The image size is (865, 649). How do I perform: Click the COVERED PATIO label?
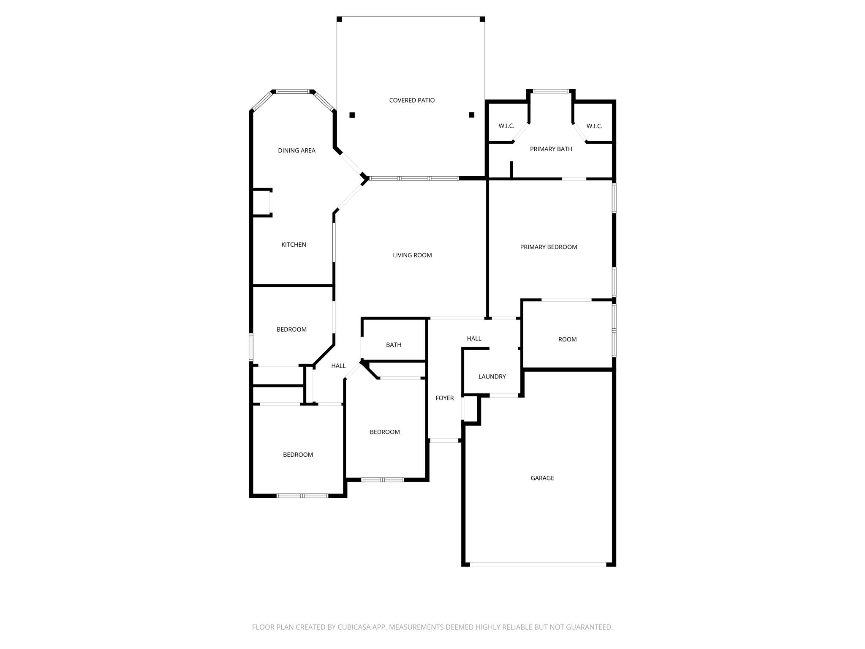[x=412, y=100]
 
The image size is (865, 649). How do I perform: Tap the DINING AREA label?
[x=296, y=150]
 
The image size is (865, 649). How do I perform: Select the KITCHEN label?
[x=294, y=245]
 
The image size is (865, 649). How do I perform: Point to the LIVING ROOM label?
[x=412, y=255]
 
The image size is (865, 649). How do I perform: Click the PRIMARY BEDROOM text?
[x=548, y=247]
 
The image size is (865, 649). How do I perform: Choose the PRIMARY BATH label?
[x=551, y=149]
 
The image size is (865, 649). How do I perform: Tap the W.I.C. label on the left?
[x=506, y=126]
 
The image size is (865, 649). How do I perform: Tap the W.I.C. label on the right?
[x=594, y=126]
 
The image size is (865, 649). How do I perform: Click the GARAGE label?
[x=542, y=478]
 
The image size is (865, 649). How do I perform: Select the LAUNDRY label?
[x=492, y=376]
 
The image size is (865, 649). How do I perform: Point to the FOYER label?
[x=444, y=398]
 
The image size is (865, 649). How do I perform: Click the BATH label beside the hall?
[x=393, y=345]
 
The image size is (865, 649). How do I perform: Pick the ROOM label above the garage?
[x=567, y=339]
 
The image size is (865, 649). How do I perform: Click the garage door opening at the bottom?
[x=538, y=564]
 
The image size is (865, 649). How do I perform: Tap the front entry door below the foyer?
[x=444, y=441]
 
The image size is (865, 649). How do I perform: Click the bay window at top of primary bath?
[x=551, y=91]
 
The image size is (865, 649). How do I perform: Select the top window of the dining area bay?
[x=293, y=91]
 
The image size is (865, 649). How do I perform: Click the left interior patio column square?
[x=352, y=115]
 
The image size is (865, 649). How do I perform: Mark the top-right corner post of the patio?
[x=482, y=19]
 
